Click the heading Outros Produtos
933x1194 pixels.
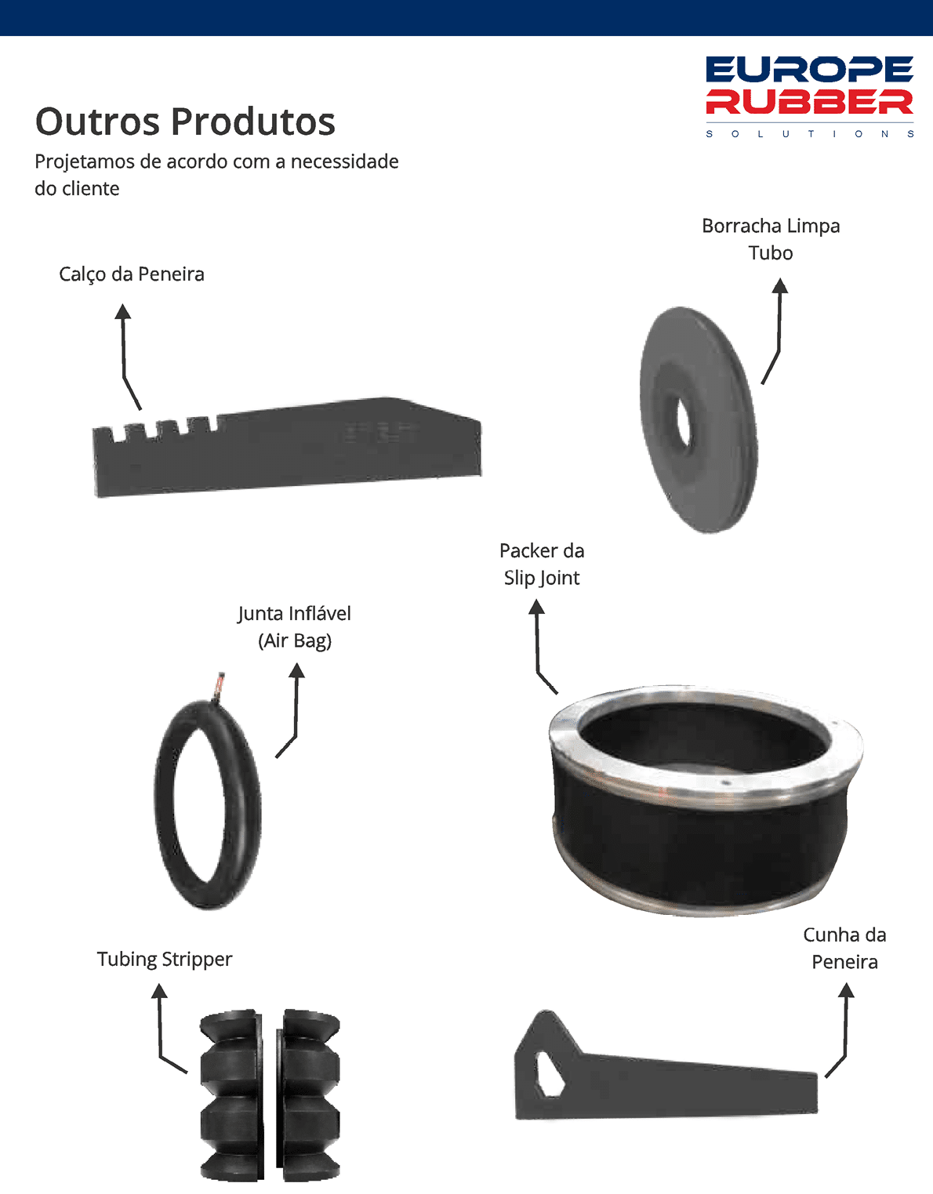coord(185,122)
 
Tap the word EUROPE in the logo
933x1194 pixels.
coord(809,70)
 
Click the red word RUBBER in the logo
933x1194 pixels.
coord(809,102)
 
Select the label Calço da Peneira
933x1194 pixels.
coord(131,274)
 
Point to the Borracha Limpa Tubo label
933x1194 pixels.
coord(771,239)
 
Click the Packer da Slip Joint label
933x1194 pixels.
coord(542,564)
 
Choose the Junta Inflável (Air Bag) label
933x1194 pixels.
coord(295,627)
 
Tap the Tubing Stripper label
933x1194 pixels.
coord(165,959)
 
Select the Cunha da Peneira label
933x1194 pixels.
coord(845,949)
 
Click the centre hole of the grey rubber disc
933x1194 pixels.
coord(684,422)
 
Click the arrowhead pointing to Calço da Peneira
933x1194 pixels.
coord(123,311)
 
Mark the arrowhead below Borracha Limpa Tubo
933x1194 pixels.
coord(779,285)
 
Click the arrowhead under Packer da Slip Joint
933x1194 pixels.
coord(537,607)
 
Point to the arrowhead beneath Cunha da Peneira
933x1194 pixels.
coord(846,990)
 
